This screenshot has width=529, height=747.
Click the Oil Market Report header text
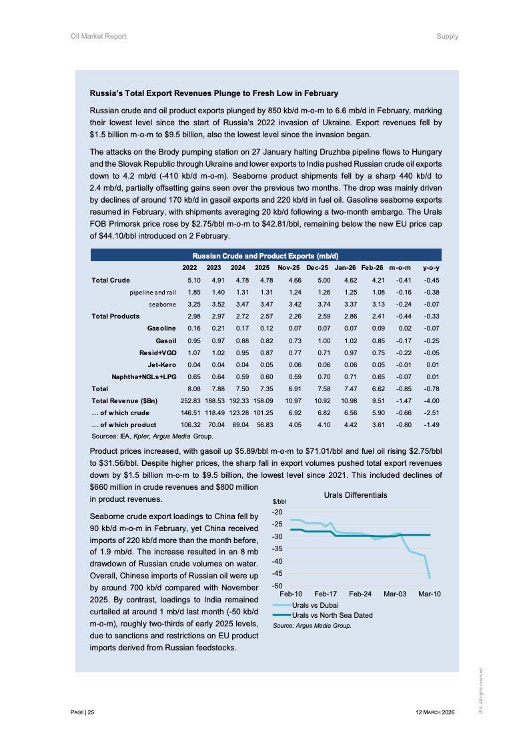click(x=98, y=36)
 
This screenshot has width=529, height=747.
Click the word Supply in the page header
click(x=447, y=36)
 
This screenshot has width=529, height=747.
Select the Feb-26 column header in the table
click(x=372, y=267)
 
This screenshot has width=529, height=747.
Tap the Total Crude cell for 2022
click(x=194, y=280)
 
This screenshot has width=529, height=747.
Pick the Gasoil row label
click(x=167, y=341)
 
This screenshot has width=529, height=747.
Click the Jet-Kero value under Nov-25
click(x=294, y=365)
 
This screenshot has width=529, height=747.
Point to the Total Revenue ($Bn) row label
click(x=125, y=400)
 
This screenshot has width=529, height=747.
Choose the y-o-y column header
click(x=432, y=267)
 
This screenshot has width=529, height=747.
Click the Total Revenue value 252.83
click(x=191, y=400)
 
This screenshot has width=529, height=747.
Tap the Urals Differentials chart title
click(x=355, y=495)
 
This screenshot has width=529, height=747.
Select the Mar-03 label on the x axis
click(x=395, y=593)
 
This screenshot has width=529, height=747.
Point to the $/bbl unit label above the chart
click(x=280, y=501)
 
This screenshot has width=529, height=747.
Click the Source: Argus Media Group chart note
click(x=312, y=626)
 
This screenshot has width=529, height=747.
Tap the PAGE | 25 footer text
click(x=83, y=712)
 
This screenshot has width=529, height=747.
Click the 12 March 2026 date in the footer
click(x=435, y=712)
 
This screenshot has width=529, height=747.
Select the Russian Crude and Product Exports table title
click(x=266, y=256)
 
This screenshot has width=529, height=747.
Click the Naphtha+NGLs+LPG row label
click(x=143, y=376)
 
